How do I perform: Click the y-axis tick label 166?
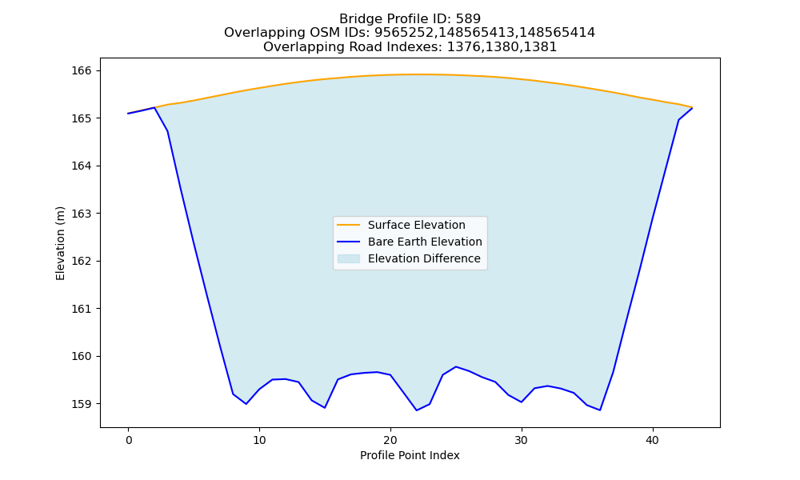click(81, 70)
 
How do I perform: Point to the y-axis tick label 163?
click(81, 214)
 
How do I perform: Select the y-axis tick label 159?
click(81, 404)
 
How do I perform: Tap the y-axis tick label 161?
click(81, 309)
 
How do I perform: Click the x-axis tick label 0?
click(128, 440)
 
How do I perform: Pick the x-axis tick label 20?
click(390, 440)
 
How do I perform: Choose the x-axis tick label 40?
click(653, 440)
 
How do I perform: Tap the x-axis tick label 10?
click(259, 440)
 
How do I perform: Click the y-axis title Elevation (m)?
click(60, 243)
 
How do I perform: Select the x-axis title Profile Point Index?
click(410, 455)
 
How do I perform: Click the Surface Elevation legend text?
click(416, 225)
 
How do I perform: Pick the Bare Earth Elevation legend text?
click(425, 242)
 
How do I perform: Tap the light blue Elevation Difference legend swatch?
click(349, 258)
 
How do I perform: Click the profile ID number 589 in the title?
click(468, 19)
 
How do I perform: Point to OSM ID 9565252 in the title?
click(405, 33)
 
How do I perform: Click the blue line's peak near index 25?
click(456, 366)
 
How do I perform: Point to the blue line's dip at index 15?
click(325, 407)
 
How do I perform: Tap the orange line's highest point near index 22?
click(416, 74)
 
